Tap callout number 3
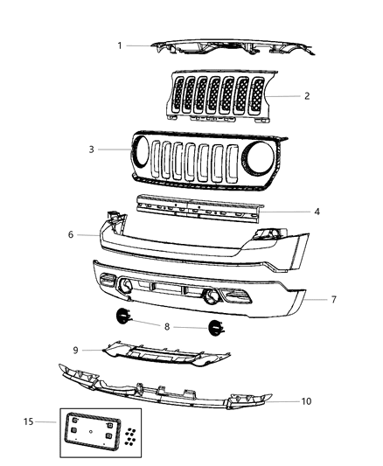pyautogui.click(x=92, y=150)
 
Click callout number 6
pyautogui.click(x=70, y=234)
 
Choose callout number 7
pyautogui.click(x=333, y=299)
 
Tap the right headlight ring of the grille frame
pyautogui.click(x=259, y=163)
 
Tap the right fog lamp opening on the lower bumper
pyautogui.click(x=212, y=296)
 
